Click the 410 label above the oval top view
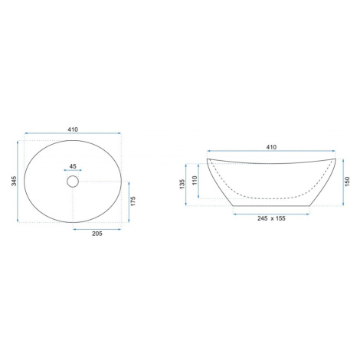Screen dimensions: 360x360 73,129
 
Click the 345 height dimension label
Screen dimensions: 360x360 15,181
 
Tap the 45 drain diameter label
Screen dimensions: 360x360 73,166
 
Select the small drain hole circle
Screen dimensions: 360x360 73,182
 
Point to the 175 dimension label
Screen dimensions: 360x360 133,201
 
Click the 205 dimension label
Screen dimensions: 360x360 97,234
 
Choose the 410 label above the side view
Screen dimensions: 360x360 271,147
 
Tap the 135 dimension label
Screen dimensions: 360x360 182,184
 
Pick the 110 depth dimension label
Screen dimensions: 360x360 195,181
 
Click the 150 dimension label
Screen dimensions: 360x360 347,182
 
